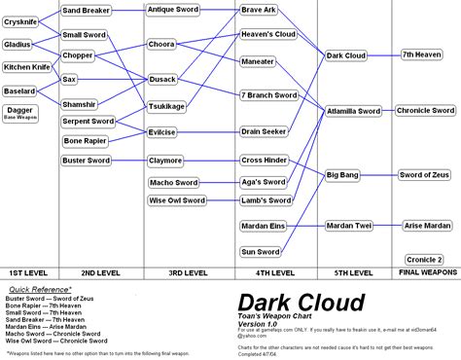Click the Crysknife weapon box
point(19,21)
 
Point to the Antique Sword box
point(175,10)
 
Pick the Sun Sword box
point(261,251)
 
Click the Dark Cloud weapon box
point(345,55)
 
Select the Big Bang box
point(344,175)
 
